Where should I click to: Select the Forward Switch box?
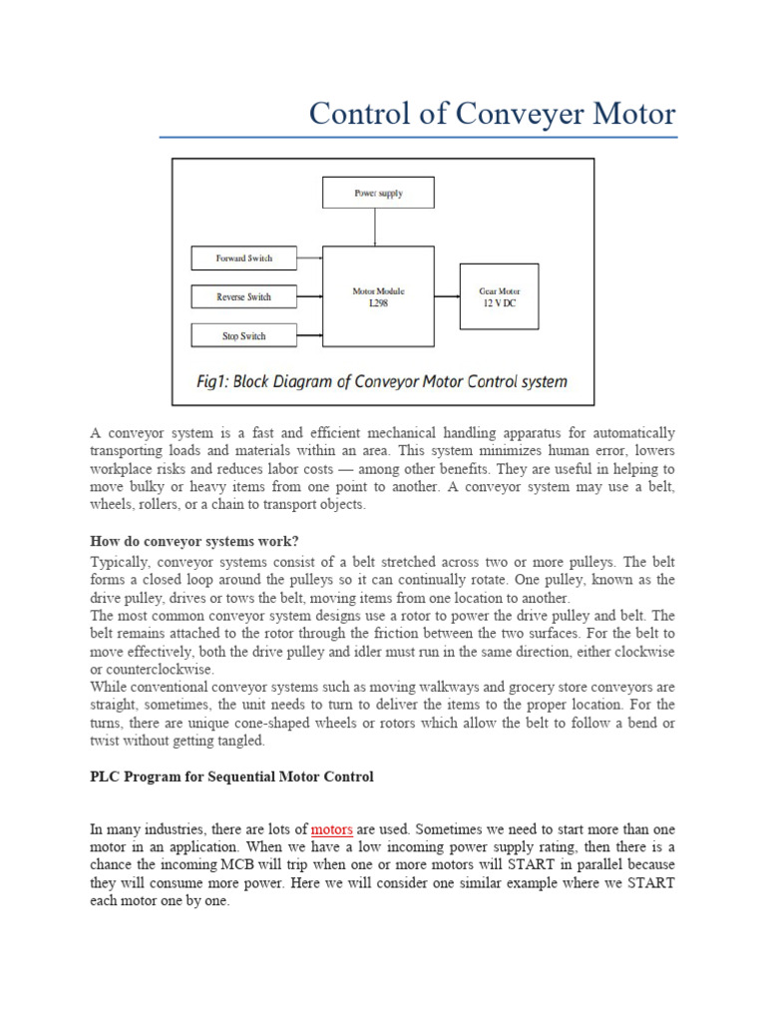244,258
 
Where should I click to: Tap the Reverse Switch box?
244,297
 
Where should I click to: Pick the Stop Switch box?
244,336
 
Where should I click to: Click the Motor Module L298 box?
378,296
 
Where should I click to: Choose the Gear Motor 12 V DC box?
498,296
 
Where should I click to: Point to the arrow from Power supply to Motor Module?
375,227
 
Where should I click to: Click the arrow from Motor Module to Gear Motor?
446,296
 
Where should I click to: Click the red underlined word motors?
332,829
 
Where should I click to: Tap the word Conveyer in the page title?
512,113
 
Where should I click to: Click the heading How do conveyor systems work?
194,541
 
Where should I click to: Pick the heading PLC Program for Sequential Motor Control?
231,776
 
